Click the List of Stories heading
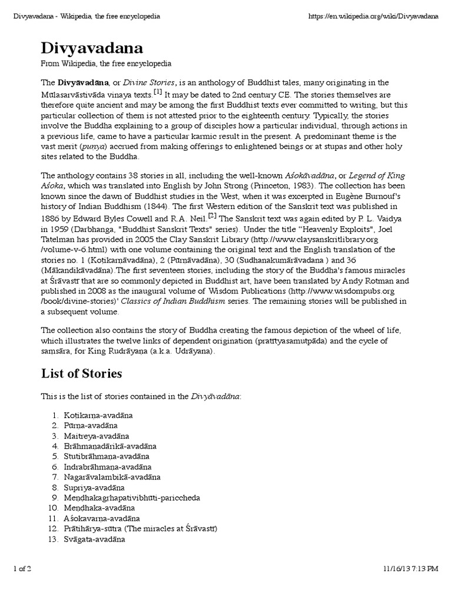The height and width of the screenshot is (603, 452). (x=81, y=373)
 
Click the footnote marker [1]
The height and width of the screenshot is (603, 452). (x=157, y=92)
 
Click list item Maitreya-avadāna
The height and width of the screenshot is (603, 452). (x=97, y=436)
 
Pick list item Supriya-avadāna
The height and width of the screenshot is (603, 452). (x=94, y=487)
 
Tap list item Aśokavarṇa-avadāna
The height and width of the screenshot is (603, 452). (x=102, y=518)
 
